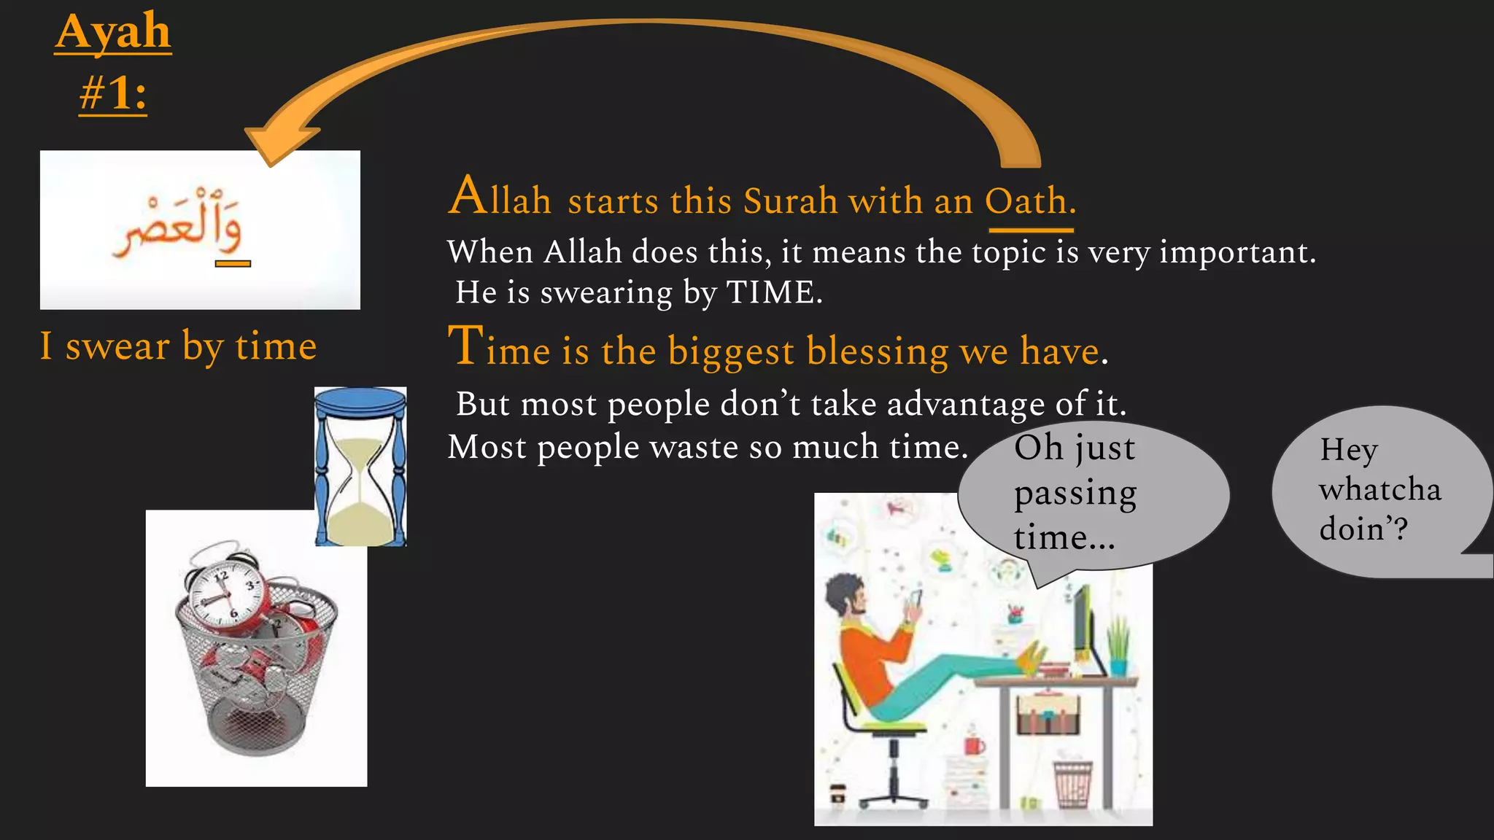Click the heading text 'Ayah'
tap(113, 32)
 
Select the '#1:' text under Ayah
tap(113, 94)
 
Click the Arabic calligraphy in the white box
tap(179, 226)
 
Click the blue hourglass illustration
tap(360, 467)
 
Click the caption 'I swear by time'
tap(179, 346)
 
